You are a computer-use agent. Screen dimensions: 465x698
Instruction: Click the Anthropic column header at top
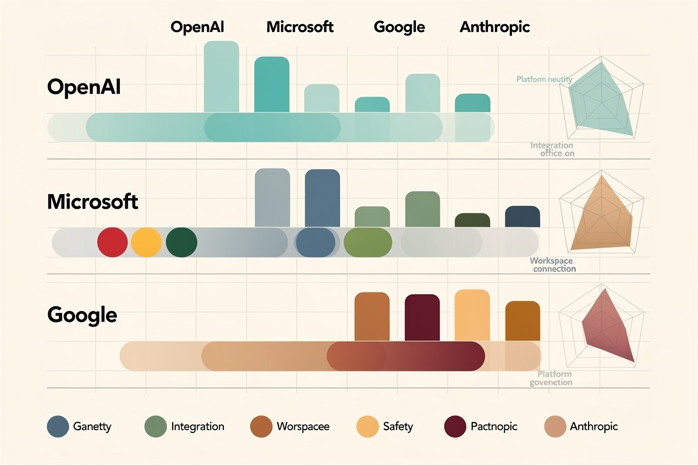(x=494, y=27)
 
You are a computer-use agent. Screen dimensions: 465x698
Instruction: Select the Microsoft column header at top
(x=300, y=27)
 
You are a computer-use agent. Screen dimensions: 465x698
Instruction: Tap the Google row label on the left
(x=82, y=315)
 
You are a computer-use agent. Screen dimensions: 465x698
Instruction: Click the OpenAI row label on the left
(x=84, y=87)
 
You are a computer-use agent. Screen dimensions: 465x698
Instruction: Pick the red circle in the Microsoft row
(x=112, y=242)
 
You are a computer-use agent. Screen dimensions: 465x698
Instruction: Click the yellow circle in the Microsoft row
(x=146, y=242)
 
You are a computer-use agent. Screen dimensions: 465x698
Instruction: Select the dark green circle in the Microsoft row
(x=181, y=242)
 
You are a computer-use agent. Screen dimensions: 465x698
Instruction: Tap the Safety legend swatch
(x=367, y=427)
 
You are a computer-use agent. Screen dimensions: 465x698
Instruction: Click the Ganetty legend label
(x=92, y=427)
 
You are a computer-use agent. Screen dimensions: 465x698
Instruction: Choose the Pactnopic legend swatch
(x=455, y=427)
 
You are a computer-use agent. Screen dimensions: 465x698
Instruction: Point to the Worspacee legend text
(x=302, y=427)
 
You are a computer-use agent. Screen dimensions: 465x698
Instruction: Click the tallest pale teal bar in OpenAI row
(x=221, y=76)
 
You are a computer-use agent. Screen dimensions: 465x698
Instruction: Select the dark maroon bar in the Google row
(x=422, y=317)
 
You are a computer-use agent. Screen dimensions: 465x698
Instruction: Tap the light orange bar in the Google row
(x=472, y=315)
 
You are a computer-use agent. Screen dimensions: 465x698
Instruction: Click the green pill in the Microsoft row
(x=368, y=242)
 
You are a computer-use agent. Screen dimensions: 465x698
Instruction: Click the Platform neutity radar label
(x=544, y=79)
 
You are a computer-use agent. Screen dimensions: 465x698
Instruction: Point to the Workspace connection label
(x=553, y=265)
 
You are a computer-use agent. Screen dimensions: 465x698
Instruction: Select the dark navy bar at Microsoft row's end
(x=522, y=216)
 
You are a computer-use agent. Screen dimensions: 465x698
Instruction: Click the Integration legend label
(x=198, y=427)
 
